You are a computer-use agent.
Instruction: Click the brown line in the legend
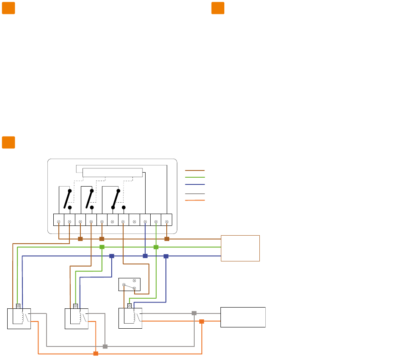pos(195,170)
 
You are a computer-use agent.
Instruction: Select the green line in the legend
pos(195,177)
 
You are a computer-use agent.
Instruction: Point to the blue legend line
pos(195,184)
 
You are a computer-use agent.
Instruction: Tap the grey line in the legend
pos(195,193)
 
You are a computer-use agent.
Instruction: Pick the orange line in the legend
pos(195,200)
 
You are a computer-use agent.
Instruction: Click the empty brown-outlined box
pos(240,248)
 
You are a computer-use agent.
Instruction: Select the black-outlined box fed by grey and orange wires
pos(243,317)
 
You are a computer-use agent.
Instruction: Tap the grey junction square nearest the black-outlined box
pos(194,313)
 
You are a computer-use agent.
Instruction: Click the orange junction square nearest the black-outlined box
pos(201,322)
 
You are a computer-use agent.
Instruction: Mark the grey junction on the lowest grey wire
pos(105,346)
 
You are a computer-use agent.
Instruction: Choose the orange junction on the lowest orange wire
pos(96,353)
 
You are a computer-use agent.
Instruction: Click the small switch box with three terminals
pos(129,284)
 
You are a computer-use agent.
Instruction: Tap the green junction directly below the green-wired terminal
pos(156,247)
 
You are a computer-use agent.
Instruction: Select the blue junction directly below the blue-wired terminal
pos(145,256)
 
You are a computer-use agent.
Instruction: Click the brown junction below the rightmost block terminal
pos(167,239)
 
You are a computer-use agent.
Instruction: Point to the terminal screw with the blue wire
pos(145,221)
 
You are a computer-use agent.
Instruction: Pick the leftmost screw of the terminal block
pos(58,221)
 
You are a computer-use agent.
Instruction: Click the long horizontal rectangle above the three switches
pos(113,173)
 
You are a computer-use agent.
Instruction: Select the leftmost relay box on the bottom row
pos(19,318)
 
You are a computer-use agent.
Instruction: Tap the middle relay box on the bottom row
pos(76,318)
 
